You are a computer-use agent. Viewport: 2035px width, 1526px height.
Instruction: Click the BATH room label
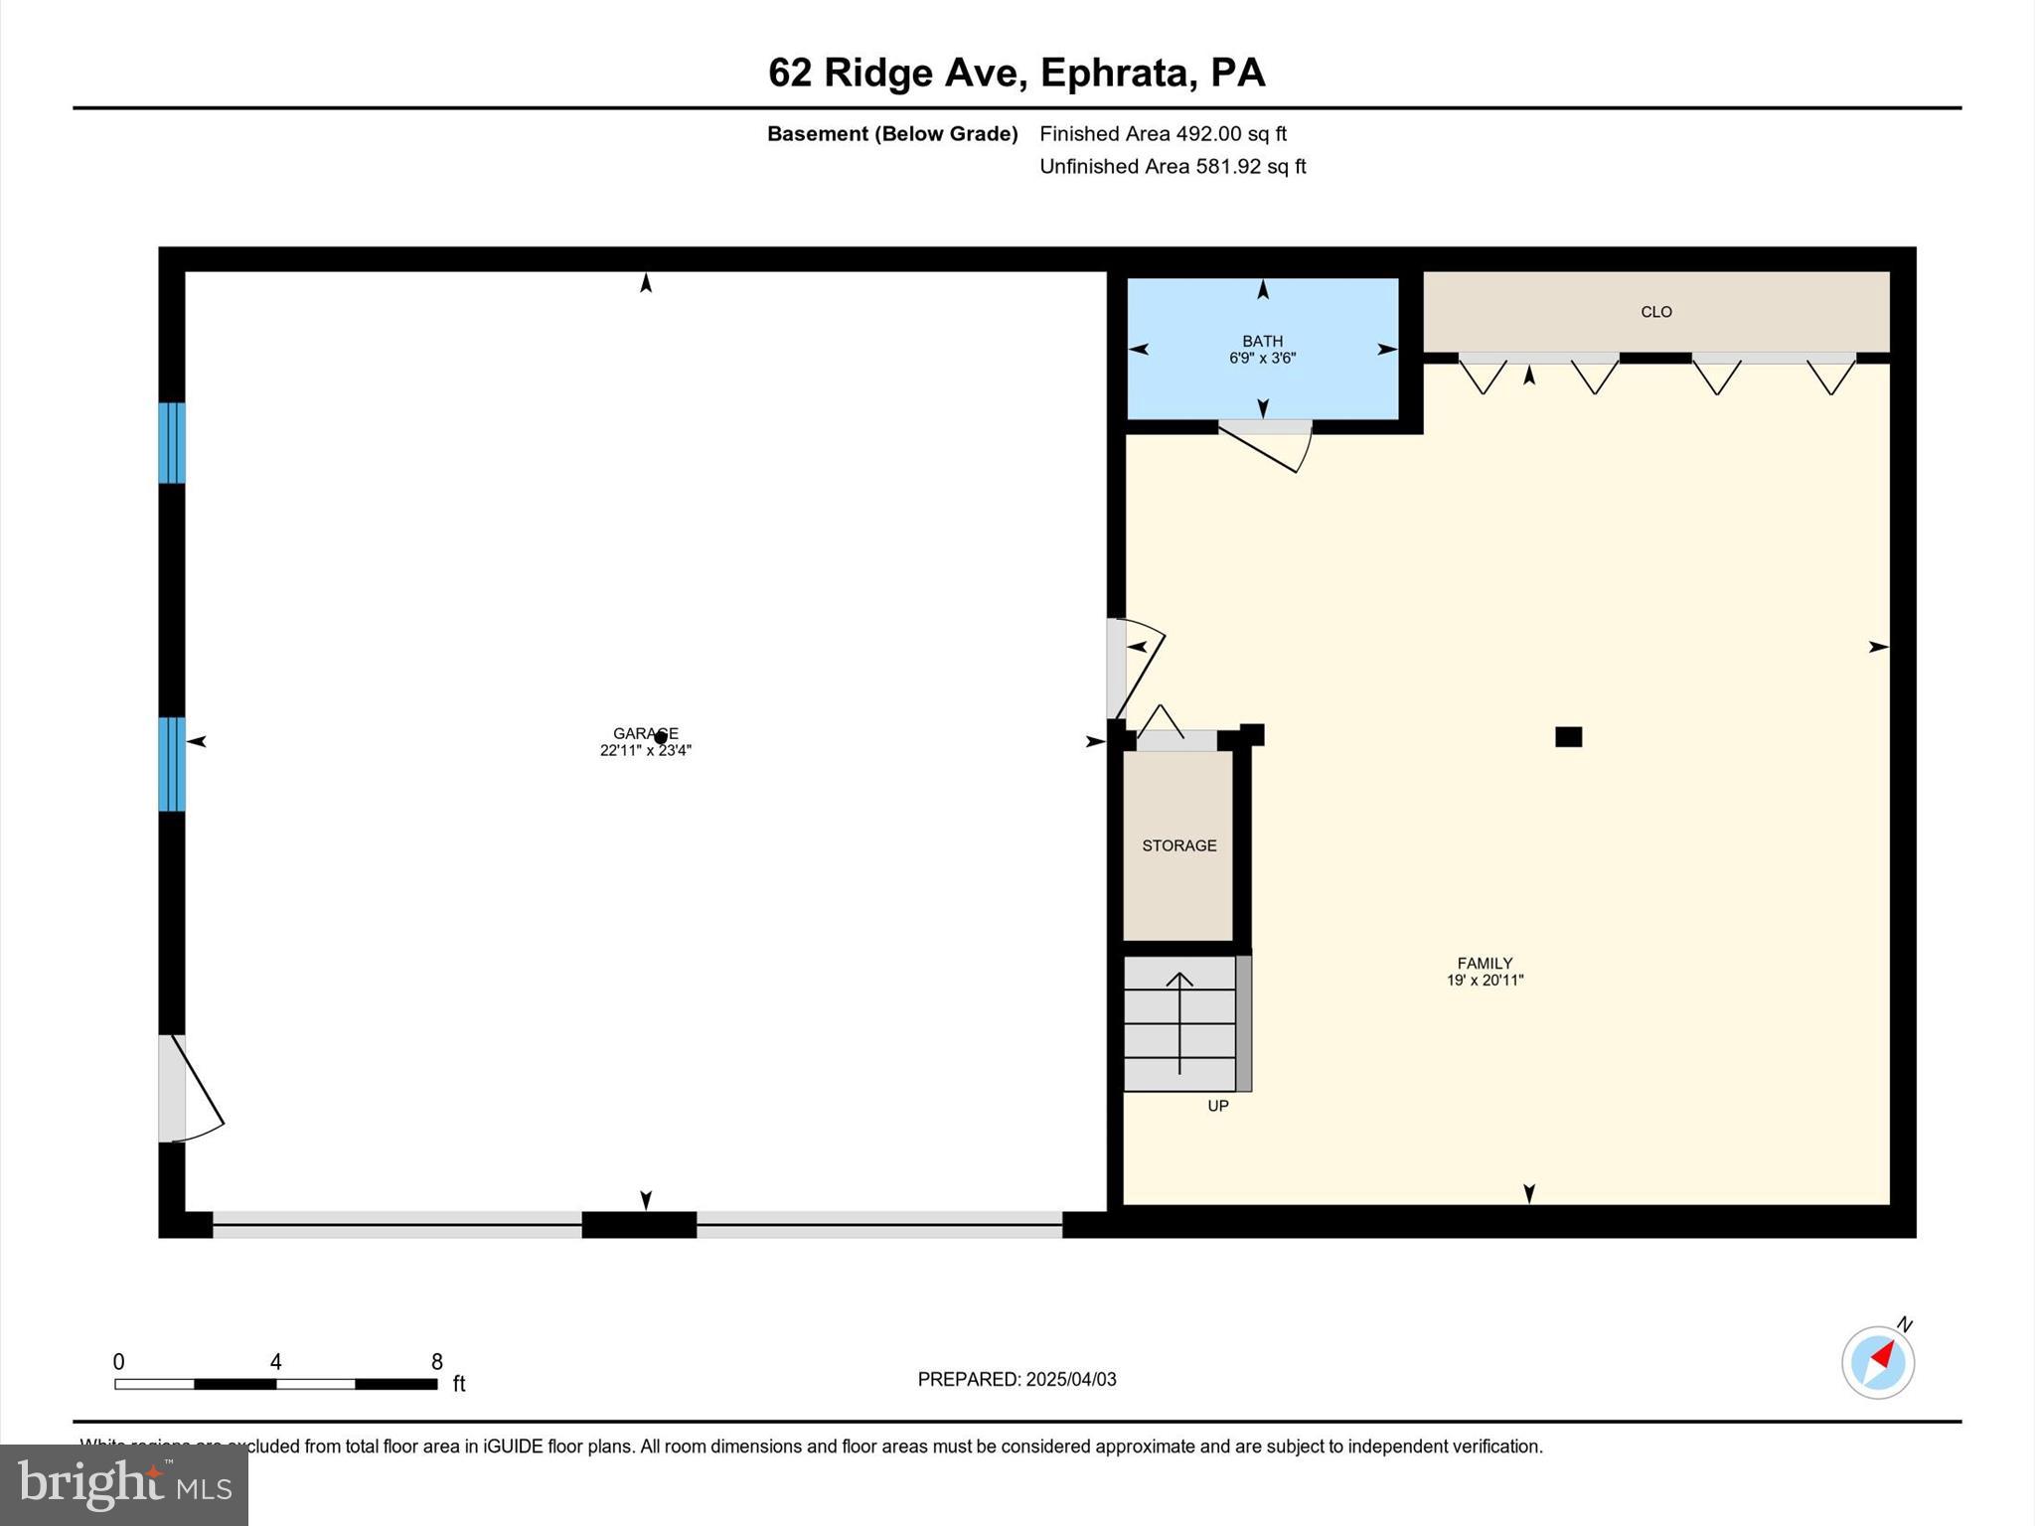coord(1262,341)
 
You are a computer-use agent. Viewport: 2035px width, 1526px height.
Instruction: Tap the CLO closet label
coord(1655,312)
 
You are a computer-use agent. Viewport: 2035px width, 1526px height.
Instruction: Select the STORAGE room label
coord(1178,845)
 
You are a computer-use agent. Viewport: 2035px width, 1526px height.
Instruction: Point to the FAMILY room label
coord(1485,963)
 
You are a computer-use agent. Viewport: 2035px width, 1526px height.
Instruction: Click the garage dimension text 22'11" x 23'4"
coord(645,751)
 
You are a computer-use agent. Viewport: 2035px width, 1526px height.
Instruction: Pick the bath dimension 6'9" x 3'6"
coord(1262,359)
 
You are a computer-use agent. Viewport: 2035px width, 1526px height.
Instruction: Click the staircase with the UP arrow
coord(1179,1023)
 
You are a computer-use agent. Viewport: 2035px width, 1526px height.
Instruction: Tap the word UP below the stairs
coord(1218,1106)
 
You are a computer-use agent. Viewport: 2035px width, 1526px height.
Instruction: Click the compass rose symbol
coord(1877,1362)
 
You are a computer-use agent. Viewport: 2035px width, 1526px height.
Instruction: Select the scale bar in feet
coord(276,1383)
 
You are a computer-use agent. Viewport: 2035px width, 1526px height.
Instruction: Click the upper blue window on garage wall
coord(172,443)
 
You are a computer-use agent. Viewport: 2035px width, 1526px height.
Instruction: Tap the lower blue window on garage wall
coord(172,764)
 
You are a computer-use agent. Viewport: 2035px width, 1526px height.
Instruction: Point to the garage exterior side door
coord(189,1089)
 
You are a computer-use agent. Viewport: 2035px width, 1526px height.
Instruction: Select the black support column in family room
coord(1568,736)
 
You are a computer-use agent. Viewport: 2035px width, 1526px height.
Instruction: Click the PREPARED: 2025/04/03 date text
coord(1017,1379)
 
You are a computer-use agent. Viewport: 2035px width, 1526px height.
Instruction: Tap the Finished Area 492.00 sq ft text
coord(1163,134)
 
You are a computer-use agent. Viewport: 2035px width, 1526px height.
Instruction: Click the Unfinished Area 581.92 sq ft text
coord(1173,167)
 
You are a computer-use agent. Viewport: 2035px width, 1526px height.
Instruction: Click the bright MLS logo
coord(124,1484)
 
